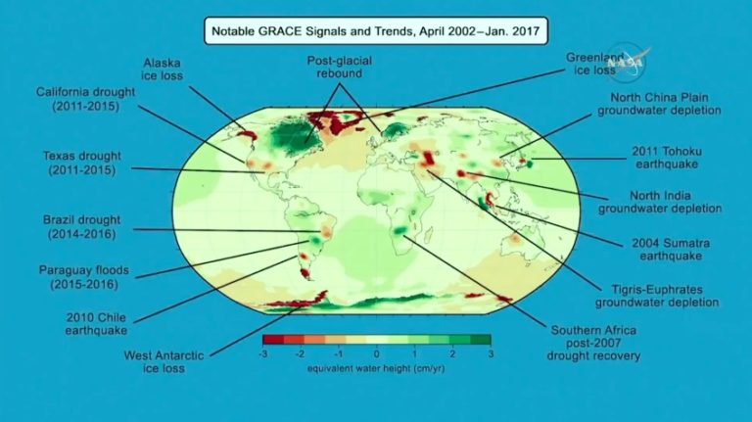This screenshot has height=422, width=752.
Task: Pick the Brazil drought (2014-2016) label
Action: point(79,227)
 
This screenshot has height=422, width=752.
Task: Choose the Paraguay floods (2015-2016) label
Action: point(78,277)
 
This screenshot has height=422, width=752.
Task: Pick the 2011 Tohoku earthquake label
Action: point(668,157)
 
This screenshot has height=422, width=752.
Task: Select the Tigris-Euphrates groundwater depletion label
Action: point(658,295)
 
